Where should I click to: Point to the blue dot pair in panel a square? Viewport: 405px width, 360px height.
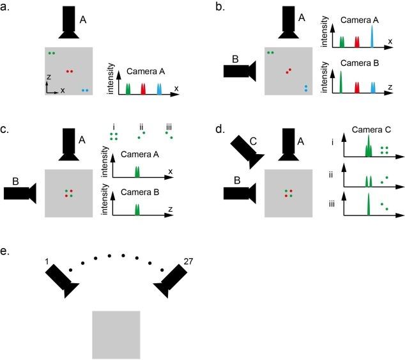click(86, 91)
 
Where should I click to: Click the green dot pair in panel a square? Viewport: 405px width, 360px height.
click(51, 53)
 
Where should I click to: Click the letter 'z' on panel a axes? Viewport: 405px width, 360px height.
click(49, 76)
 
